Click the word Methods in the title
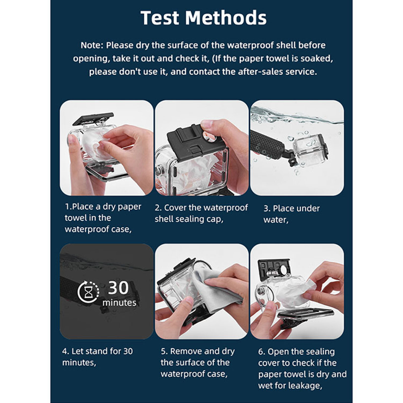(x=226, y=18)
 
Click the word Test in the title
(x=160, y=18)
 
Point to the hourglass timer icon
(x=88, y=292)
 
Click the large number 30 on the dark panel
(x=118, y=287)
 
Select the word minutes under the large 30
(x=119, y=302)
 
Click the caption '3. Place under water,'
(x=291, y=214)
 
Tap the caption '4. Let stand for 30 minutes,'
(x=97, y=357)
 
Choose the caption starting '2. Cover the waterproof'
(x=201, y=213)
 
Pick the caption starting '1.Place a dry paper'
(x=103, y=218)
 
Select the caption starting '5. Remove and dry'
(x=198, y=362)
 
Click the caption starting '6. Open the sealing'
(x=302, y=368)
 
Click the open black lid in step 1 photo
(x=93, y=119)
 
